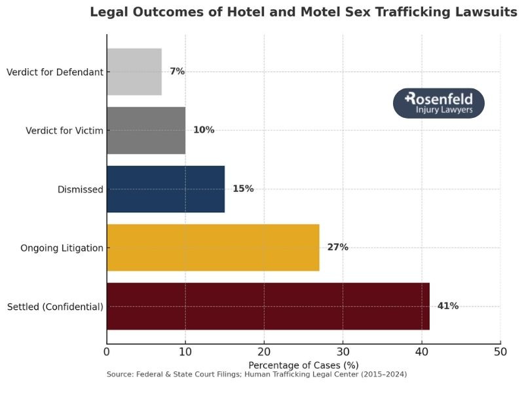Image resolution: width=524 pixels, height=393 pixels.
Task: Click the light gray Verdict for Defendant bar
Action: point(134,72)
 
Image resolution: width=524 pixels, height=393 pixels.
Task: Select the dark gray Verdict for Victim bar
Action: point(146,130)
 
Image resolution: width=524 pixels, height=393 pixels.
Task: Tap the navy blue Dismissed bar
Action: point(166,189)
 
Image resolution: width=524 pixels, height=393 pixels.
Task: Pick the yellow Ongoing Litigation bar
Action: point(213,248)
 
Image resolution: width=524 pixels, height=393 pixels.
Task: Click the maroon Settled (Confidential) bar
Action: point(268,307)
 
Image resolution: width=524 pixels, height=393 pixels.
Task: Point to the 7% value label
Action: point(177,71)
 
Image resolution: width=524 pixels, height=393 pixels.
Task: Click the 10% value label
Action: point(204,130)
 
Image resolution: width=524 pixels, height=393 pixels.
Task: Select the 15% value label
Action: point(243,189)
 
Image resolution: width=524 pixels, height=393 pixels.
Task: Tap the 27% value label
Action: point(337,248)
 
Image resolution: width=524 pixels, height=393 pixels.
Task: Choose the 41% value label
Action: point(448,306)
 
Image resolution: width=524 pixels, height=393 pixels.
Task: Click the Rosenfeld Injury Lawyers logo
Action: point(438,103)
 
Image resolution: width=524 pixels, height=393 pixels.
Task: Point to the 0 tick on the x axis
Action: point(107,352)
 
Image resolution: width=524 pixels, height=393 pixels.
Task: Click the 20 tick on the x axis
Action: point(264,352)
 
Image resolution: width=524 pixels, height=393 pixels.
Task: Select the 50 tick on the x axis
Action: point(500,352)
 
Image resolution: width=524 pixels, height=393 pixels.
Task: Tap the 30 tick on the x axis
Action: point(343,352)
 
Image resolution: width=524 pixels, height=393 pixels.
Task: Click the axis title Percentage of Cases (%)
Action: point(303,364)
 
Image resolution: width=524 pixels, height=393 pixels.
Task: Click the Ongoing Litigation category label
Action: point(62,248)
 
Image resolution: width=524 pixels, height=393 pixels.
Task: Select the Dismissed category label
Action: point(81,190)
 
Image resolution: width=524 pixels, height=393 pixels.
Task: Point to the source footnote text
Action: point(256,374)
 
